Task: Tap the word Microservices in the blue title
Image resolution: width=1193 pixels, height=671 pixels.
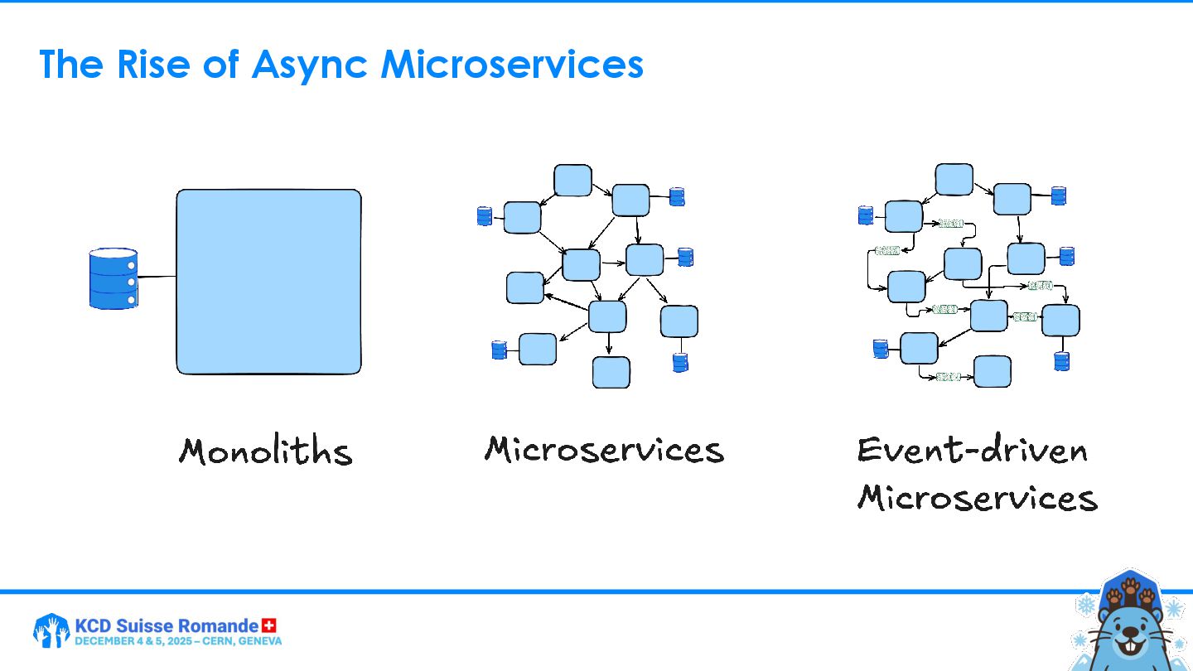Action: pos(511,65)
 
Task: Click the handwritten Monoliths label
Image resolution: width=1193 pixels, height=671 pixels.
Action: pos(265,451)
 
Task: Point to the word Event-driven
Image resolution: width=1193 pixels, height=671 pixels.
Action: pos(972,450)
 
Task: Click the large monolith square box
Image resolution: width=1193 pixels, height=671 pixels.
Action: pos(268,282)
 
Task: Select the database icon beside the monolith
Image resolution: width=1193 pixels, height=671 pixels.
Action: pos(114,278)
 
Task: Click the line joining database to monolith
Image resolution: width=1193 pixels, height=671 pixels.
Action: pos(157,277)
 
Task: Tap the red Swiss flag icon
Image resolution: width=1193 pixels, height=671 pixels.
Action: pos(268,625)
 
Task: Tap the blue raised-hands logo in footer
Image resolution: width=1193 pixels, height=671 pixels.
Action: pos(51,630)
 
